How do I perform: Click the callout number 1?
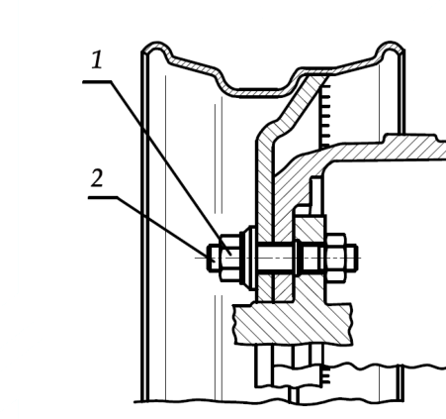97,59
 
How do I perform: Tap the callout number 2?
97,177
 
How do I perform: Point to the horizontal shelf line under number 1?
97,81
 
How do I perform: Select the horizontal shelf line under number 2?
103,197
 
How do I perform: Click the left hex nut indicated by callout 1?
230,258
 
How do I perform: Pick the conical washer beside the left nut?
248,258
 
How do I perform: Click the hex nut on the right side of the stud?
336,258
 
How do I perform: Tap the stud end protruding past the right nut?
352,258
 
